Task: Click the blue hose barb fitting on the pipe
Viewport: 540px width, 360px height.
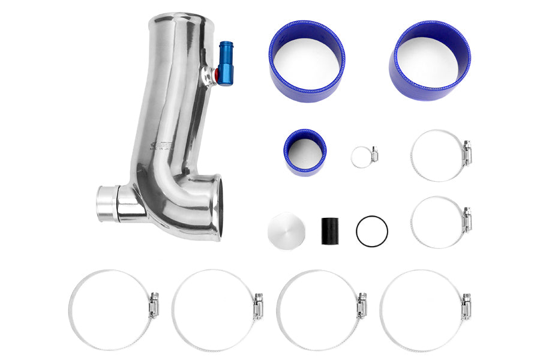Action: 226,62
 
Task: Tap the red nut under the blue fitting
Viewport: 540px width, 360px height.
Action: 216,76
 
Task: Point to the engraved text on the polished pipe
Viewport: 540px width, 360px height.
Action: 162,146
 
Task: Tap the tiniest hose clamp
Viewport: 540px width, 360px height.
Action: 365,157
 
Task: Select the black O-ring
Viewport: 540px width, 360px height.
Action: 371,230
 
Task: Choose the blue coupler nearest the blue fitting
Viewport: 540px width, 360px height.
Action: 307,61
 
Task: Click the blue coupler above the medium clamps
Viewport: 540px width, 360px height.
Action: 431,60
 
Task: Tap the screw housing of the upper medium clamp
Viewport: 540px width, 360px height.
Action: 466,153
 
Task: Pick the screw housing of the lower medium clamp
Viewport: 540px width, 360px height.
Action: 466,220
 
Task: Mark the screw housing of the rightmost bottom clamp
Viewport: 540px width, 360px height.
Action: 466,306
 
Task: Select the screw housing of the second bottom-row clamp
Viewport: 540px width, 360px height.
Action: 258,306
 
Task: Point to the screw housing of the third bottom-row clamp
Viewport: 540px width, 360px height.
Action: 362,306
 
